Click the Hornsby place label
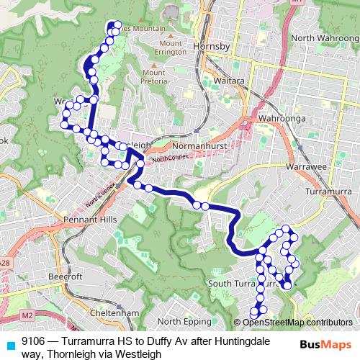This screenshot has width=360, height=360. [x=212, y=47]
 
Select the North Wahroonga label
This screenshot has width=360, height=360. [x=321, y=37]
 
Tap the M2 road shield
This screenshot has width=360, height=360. [x=28, y=315]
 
